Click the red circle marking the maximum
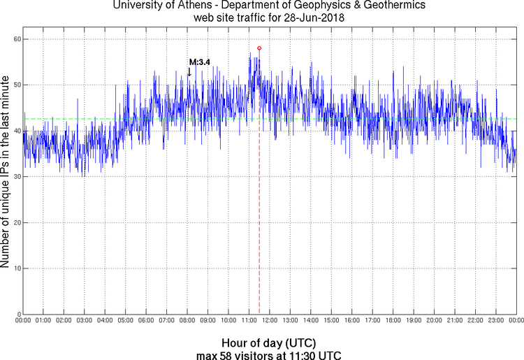point(259,48)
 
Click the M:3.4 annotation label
point(199,63)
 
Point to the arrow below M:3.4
point(189,71)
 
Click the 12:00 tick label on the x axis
point(269,321)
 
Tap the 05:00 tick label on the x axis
point(125,321)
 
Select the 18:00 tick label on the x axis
point(393,321)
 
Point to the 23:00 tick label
point(495,321)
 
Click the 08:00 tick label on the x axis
point(187,321)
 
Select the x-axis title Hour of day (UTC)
point(269,343)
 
